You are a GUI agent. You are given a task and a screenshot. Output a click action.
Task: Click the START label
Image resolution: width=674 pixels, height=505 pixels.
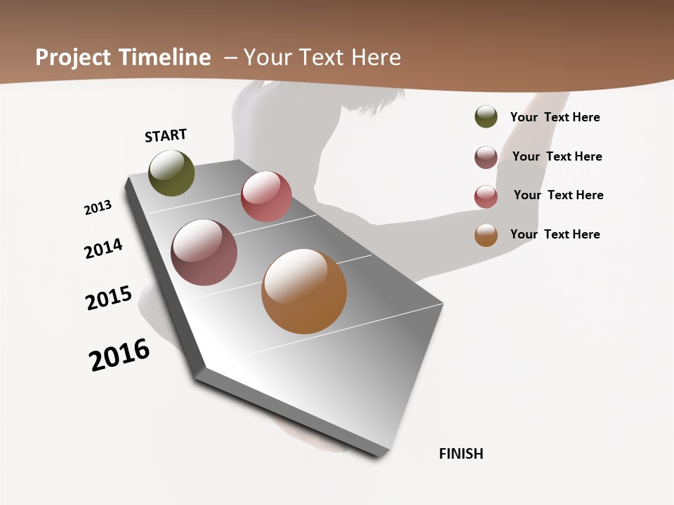click(166, 135)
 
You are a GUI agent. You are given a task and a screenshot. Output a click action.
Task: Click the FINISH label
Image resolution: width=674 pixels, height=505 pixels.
click(461, 454)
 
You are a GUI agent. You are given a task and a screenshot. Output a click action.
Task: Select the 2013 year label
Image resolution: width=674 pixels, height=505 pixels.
click(98, 208)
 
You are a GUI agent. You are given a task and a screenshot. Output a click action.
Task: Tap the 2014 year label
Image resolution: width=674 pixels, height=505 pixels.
click(104, 248)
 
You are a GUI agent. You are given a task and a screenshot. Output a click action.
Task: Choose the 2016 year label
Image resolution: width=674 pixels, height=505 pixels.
click(119, 355)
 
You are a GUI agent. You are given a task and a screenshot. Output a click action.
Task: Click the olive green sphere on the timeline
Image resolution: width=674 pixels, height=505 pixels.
click(171, 173)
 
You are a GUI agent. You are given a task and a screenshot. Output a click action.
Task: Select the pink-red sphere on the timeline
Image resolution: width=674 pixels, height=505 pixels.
click(266, 196)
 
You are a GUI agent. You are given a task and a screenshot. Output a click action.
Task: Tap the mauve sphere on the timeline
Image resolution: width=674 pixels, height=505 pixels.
click(204, 252)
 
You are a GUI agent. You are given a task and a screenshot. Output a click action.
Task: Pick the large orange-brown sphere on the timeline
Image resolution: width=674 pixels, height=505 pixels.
click(304, 291)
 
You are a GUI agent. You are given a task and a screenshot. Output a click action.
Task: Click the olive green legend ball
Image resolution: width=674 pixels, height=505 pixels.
click(486, 116)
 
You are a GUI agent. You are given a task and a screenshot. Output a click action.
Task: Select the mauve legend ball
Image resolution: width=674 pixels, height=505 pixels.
click(486, 157)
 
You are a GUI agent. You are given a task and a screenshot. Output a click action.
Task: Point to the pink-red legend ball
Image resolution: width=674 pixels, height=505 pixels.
click(486, 196)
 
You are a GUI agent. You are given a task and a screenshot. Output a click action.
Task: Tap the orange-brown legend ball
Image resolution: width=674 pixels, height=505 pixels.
click(486, 235)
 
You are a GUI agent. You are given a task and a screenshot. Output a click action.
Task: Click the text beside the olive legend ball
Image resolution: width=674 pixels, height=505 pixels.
click(555, 117)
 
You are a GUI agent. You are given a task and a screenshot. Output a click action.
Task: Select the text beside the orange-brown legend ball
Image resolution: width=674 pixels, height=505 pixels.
click(555, 234)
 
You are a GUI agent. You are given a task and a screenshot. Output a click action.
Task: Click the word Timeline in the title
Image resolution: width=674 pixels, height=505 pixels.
click(165, 58)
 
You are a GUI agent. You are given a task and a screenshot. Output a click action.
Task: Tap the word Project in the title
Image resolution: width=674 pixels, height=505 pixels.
click(73, 58)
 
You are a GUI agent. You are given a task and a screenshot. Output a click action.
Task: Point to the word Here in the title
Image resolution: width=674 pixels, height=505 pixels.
click(376, 58)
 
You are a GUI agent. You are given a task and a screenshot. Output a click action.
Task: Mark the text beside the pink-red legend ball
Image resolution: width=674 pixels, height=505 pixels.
click(558, 195)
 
